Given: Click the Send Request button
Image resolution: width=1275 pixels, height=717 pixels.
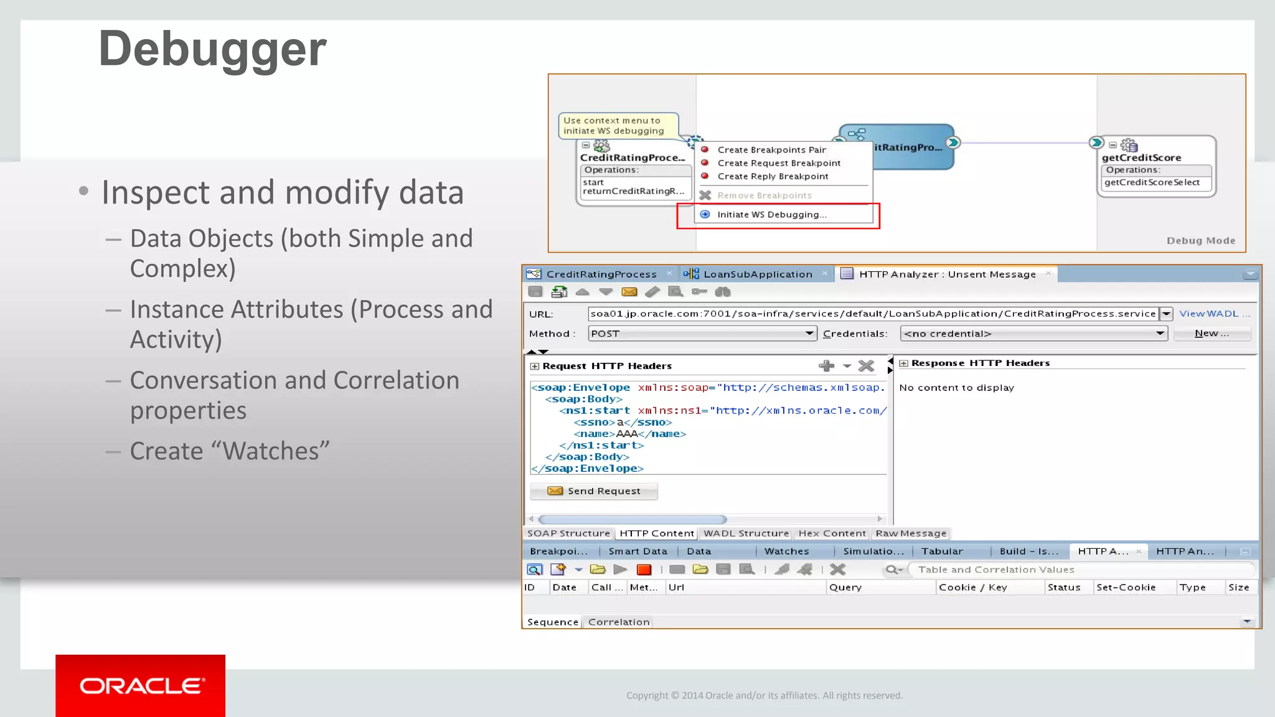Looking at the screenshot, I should pos(594,491).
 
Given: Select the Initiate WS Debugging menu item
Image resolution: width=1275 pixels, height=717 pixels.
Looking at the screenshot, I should pos(771,215).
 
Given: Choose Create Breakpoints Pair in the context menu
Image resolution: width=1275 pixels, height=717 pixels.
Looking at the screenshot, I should pos(771,150).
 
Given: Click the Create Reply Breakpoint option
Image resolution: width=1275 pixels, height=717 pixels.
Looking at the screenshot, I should pos(773,177).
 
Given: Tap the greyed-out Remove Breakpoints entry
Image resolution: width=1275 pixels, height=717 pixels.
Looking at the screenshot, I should pos(764,195).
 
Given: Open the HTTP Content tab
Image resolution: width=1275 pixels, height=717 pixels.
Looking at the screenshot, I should pos(656,533).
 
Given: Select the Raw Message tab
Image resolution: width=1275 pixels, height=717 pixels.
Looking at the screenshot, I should pos(910,533).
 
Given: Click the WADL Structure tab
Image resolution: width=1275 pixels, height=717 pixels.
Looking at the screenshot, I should pos(746,533).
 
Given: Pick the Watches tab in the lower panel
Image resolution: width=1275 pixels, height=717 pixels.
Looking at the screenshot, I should pos(786,551).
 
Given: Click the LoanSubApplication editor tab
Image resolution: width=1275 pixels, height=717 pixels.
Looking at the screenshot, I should pos(757,274).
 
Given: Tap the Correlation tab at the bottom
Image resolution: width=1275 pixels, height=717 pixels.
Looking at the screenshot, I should pos(618,622).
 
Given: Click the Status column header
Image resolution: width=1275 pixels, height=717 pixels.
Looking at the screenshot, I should pos(1063,588).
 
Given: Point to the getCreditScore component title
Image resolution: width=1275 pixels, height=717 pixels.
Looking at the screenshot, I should pos(1141,158).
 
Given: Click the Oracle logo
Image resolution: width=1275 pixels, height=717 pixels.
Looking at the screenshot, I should pos(141,686).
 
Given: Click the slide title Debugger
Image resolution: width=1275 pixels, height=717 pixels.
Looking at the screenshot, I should pos(212,49).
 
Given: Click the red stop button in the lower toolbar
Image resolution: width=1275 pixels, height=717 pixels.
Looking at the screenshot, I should pos(644,569).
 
